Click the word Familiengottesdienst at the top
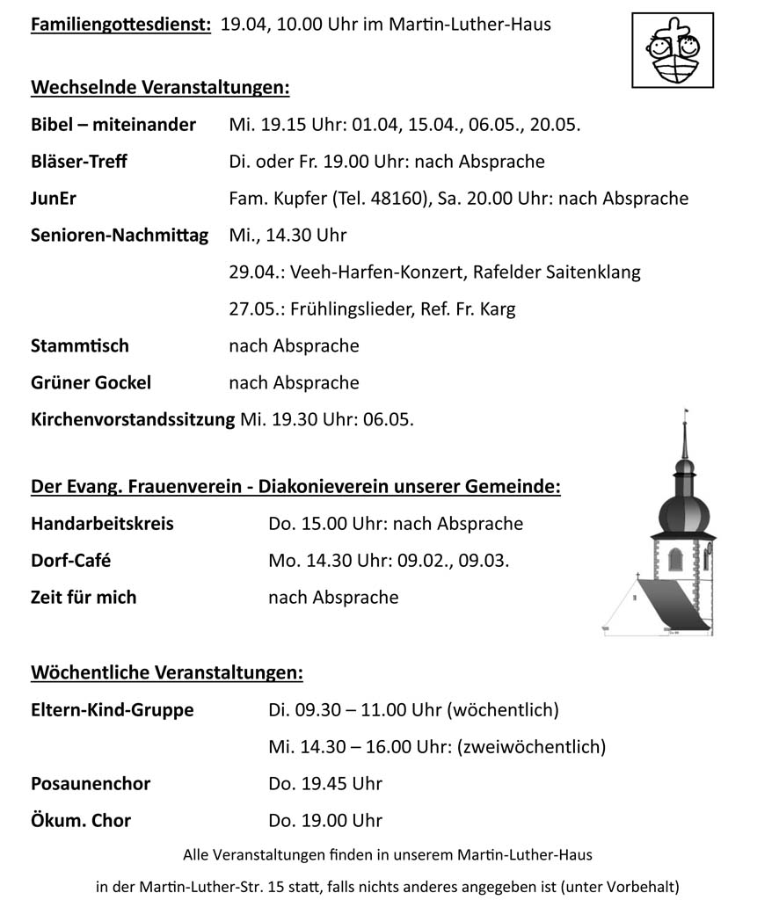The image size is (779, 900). pos(120,25)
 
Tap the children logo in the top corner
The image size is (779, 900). pos(673,50)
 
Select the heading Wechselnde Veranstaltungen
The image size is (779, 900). pos(160,88)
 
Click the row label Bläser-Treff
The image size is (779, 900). pos(79,162)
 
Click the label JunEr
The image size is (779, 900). pos(54,199)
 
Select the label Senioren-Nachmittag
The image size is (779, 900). pos(120,236)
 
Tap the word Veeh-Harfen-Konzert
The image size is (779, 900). pos(375,272)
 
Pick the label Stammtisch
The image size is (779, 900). pos(80,346)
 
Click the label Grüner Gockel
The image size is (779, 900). pos(91,383)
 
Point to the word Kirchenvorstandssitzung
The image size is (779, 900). pos(133,420)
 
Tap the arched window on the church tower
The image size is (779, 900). pos(675,559)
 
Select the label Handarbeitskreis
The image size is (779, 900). pos(102,524)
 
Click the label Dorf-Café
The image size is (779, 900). pos(71,561)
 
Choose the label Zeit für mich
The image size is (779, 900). pos(84,598)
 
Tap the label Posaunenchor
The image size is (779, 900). pos(91,784)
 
